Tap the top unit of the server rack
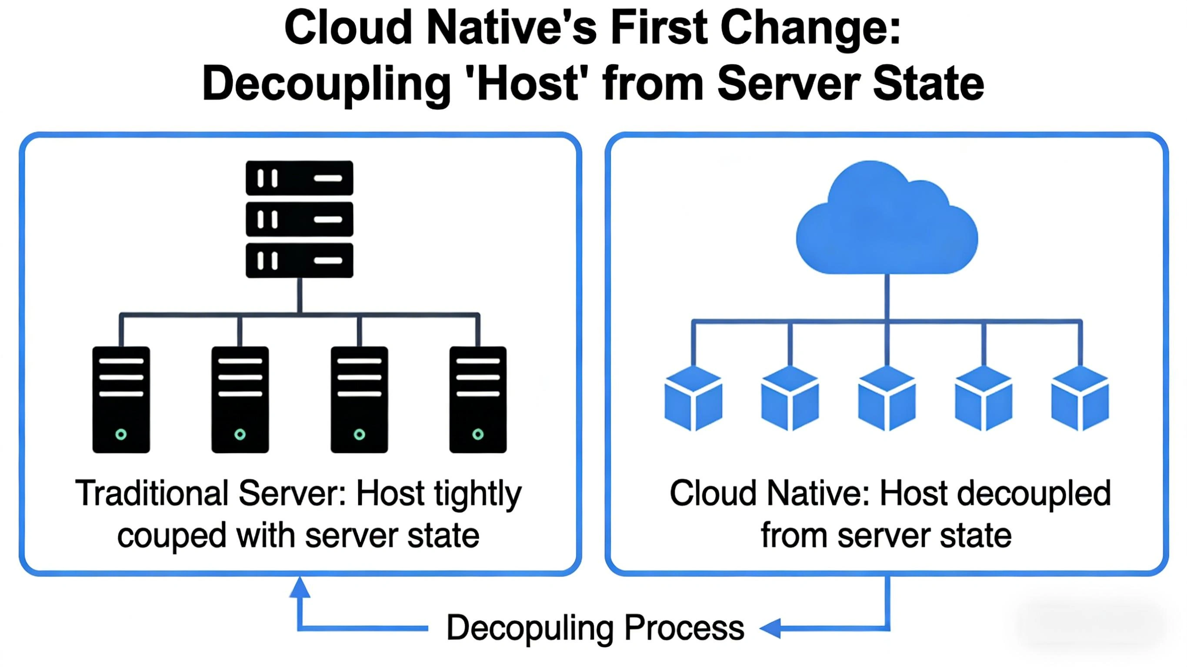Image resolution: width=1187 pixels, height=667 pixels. point(300,178)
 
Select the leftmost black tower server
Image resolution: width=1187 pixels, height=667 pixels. point(121,399)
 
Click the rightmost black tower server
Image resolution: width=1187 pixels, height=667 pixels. point(478,399)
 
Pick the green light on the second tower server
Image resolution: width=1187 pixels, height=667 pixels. point(240,434)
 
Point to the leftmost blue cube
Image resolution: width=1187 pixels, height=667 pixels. point(693,398)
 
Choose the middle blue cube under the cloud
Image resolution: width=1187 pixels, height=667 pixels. point(887,398)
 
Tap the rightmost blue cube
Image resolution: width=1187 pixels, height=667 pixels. point(1080,398)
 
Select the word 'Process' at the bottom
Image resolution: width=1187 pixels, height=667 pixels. point(684,627)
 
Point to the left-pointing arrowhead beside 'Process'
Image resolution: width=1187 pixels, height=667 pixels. point(770,628)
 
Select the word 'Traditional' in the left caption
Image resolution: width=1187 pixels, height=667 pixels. point(152,494)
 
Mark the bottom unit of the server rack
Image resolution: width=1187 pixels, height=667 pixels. point(300,260)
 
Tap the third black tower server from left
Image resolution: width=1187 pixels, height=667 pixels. point(360,399)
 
